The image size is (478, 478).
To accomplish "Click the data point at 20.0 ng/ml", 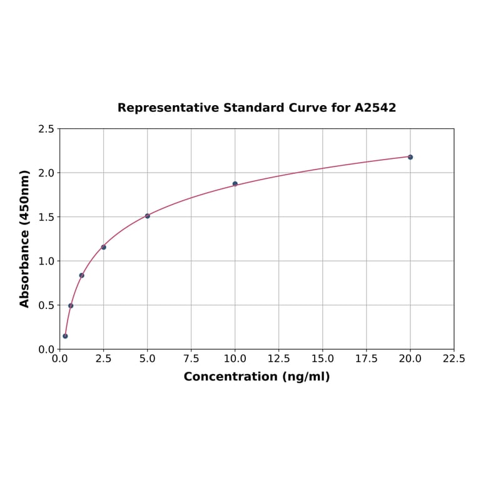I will click(x=410, y=157).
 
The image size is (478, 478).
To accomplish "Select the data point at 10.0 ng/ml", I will click(x=235, y=184).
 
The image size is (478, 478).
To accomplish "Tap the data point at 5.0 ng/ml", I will click(x=147, y=216).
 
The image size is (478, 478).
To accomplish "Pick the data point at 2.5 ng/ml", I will click(x=103, y=247).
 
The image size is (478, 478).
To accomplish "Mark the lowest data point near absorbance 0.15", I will click(x=65, y=336).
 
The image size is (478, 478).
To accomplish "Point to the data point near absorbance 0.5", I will click(x=71, y=306).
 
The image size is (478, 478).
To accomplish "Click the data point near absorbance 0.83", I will click(x=81, y=275).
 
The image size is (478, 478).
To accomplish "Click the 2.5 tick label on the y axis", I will click(x=46, y=129).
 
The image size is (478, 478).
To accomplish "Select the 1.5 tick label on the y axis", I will click(x=46, y=217).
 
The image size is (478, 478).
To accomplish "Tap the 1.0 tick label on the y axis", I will click(x=46, y=261).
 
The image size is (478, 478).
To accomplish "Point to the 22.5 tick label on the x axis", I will click(x=454, y=359).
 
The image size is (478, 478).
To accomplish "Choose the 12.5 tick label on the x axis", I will click(x=278, y=359).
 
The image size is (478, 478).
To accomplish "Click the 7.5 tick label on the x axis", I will click(x=191, y=359).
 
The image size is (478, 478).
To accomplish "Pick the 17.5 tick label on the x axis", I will click(x=366, y=359).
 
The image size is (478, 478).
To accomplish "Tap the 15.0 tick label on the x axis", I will click(x=322, y=359).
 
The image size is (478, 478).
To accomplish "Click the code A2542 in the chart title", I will click(x=375, y=108).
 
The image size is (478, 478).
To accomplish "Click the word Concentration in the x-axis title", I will click(x=230, y=377).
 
